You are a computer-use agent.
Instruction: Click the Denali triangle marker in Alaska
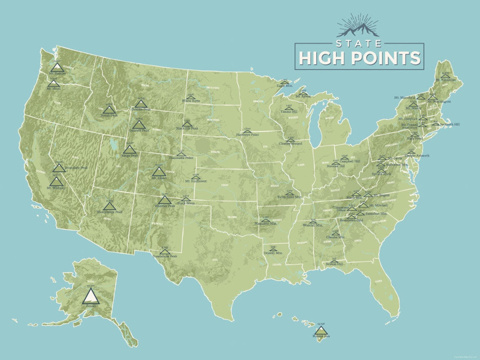pyautogui.click(x=91, y=296)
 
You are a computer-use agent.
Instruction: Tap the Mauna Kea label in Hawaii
pyautogui.click(x=320, y=336)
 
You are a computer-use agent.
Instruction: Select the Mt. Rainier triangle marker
pyautogui.click(x=57, y=67)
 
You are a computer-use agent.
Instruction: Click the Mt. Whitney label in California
pyautogui.click(x=56, y=188)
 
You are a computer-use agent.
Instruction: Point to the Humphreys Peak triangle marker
pyautogui.click(x=109, y=206)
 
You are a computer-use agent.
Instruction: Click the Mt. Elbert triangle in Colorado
pyautogui.click(x=159, y=171)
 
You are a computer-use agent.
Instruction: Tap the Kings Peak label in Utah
pyautogui.click(x=130, y=155)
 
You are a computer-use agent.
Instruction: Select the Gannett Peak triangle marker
pyautogui.click(x=139, y=125)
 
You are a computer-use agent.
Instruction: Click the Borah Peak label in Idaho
pyautogui.click(x=109, y=115)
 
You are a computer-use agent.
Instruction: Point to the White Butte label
pyautogui.click(x=191, y=101)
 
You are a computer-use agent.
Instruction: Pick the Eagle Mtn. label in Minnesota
pyautogui.click(x=285, y=85)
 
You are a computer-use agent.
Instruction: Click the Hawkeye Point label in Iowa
pyautogui.click(x=247, y=134)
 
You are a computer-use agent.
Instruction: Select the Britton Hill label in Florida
pyautogui.click(x=334, y=264)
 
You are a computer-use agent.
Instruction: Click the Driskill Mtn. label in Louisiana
pyautogui.click(x=273, y=253)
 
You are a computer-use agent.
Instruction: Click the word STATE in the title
pyautogui.click(x=359, y=43)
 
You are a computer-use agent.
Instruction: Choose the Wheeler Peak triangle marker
pyautogui.click(x=165, y=200)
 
